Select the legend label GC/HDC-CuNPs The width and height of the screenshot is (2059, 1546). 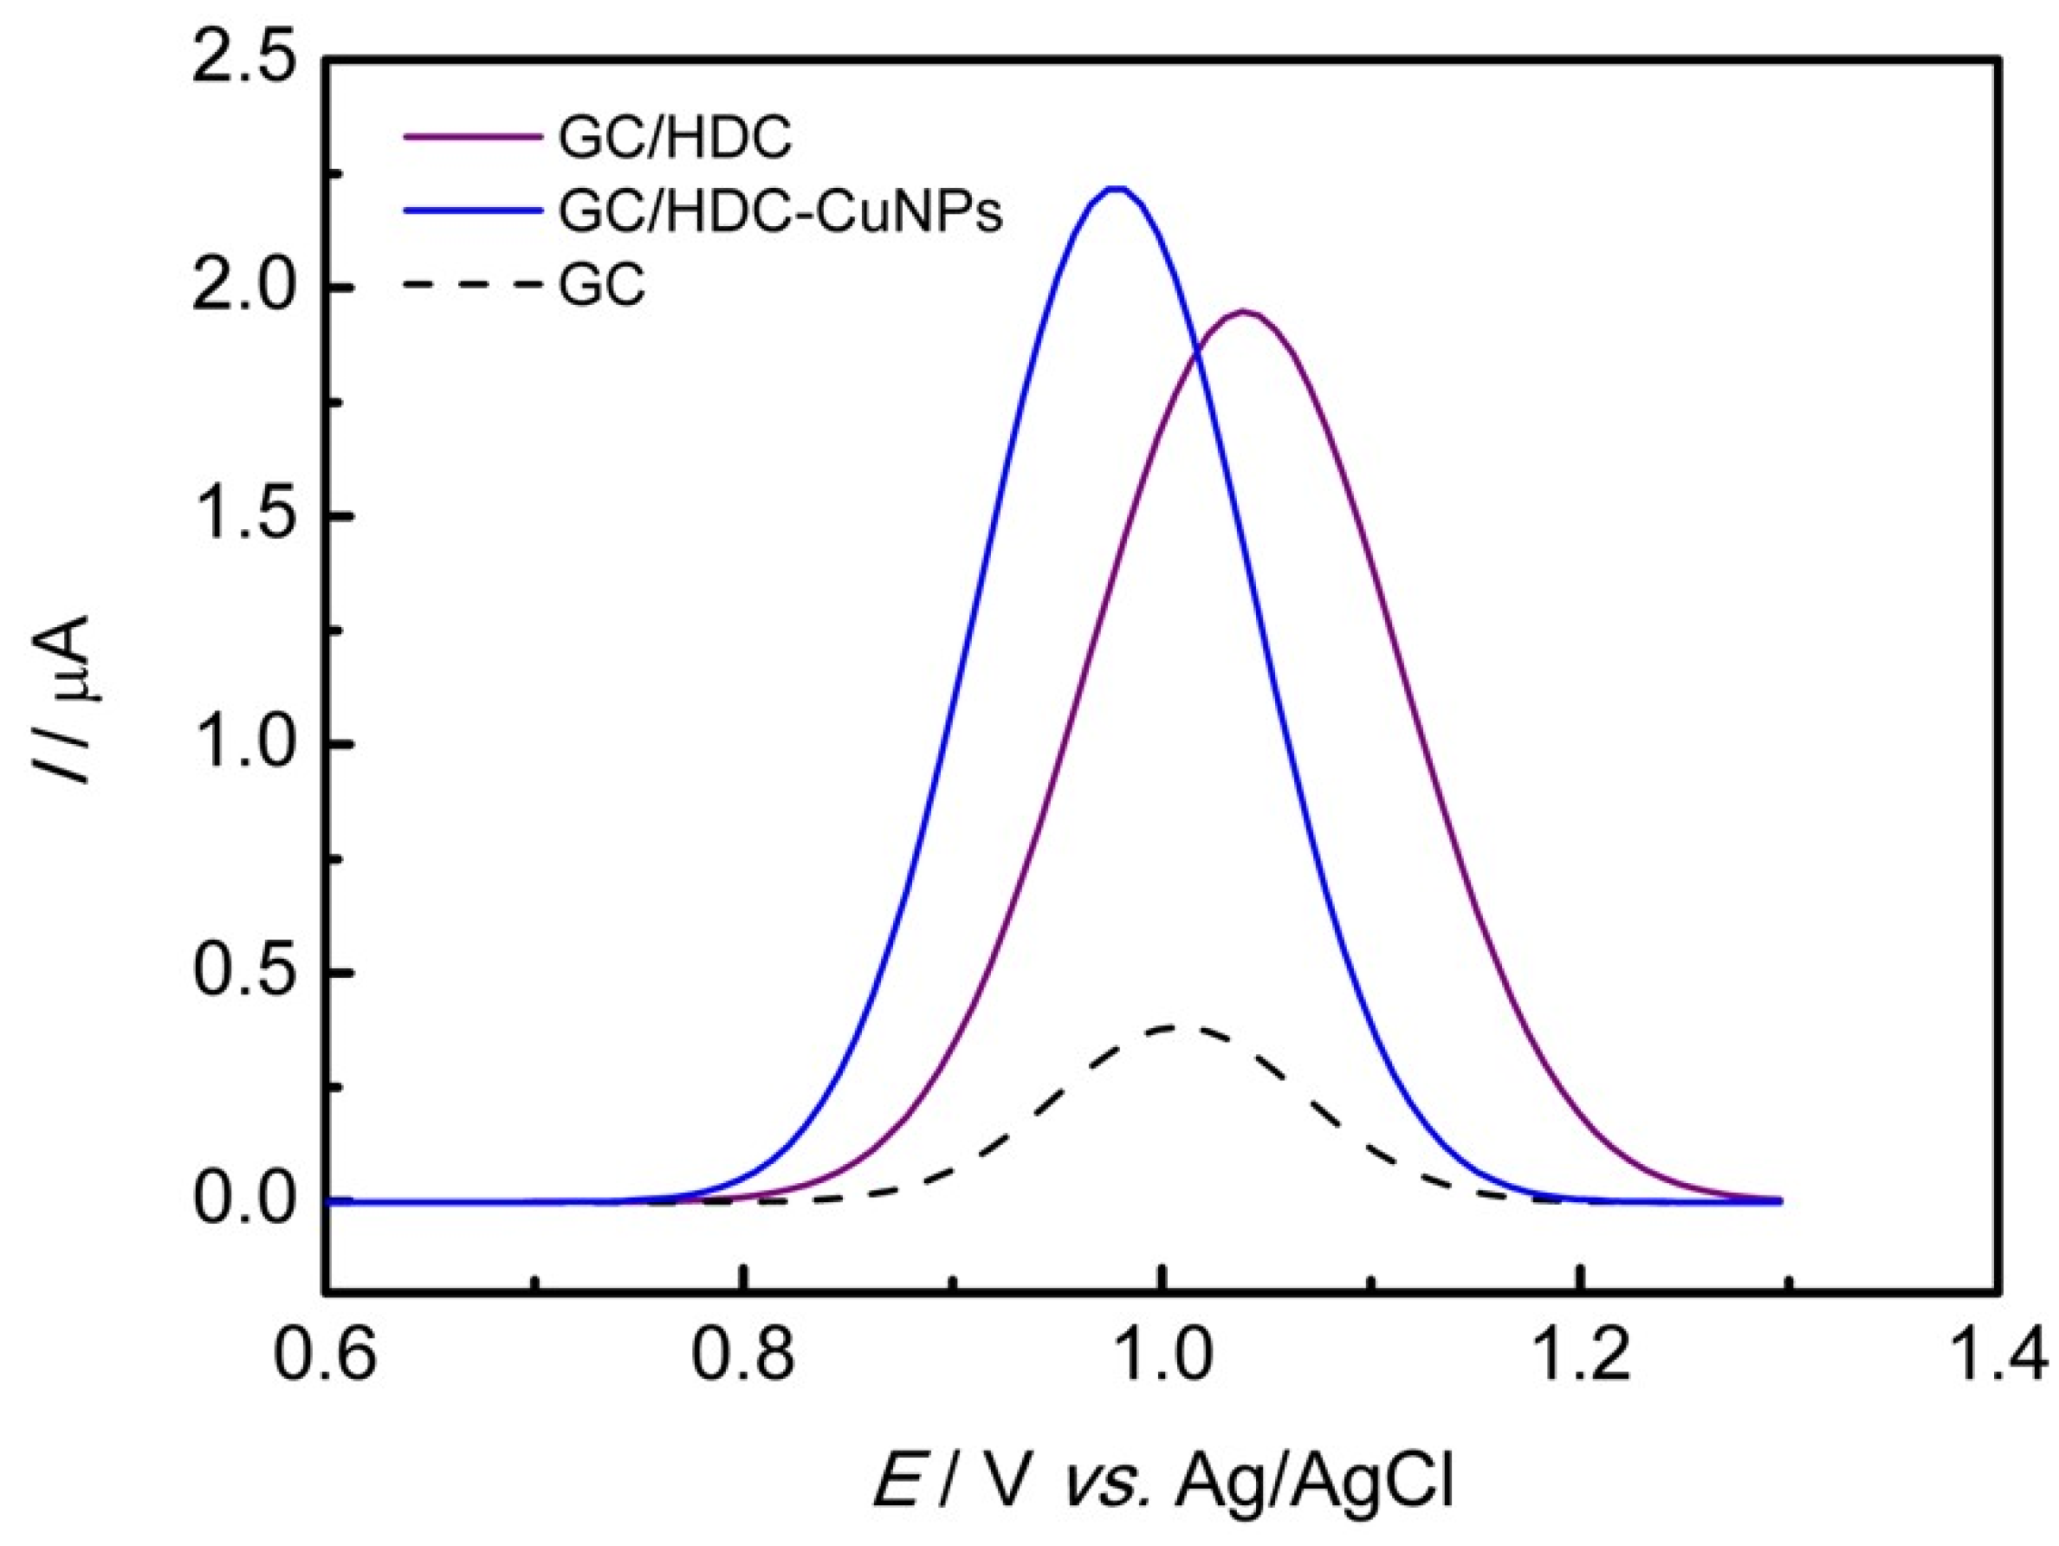tap(780, 213)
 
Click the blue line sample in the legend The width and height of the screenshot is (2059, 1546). tap(473, 211)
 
